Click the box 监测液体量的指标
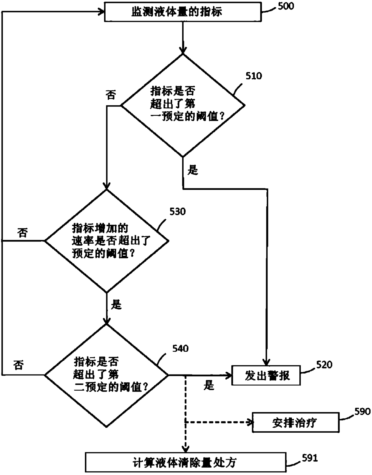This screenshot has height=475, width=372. pos(182,12)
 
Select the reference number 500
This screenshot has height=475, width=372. pos(286,6)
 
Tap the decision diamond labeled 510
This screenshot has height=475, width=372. pos(183,105)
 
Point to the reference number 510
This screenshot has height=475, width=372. pos(254,76)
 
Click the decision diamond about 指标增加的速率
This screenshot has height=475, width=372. pos(106,241)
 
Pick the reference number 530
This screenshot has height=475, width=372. pos(178,212)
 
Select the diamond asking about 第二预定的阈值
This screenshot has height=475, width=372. pos(106,375)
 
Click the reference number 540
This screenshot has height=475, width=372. pos(180,348)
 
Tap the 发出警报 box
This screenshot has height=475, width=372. pos(266,375)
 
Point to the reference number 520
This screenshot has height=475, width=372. pos(324,365)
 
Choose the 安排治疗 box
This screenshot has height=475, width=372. pos(295,422)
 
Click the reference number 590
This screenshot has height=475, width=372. pos(362,411)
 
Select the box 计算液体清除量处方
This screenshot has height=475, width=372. pos(185,462)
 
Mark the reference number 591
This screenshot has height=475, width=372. pos(310,458)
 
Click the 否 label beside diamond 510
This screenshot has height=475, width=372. pos(111,95)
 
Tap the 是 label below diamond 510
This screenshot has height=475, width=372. pos(193,170)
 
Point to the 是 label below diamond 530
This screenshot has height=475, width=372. pos(116,305)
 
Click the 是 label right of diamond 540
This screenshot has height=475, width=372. pos(209,385)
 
